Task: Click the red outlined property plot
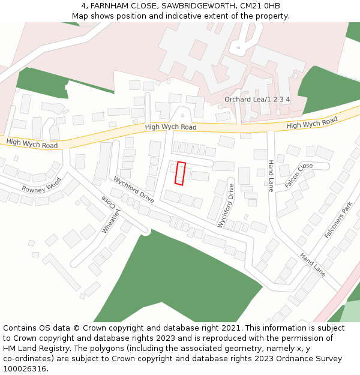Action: [x=180, y=173]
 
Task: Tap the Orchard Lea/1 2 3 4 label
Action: [x=257, y=99]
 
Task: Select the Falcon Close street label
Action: [x=299, y=175]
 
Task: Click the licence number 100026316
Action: [x=25, y=369]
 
